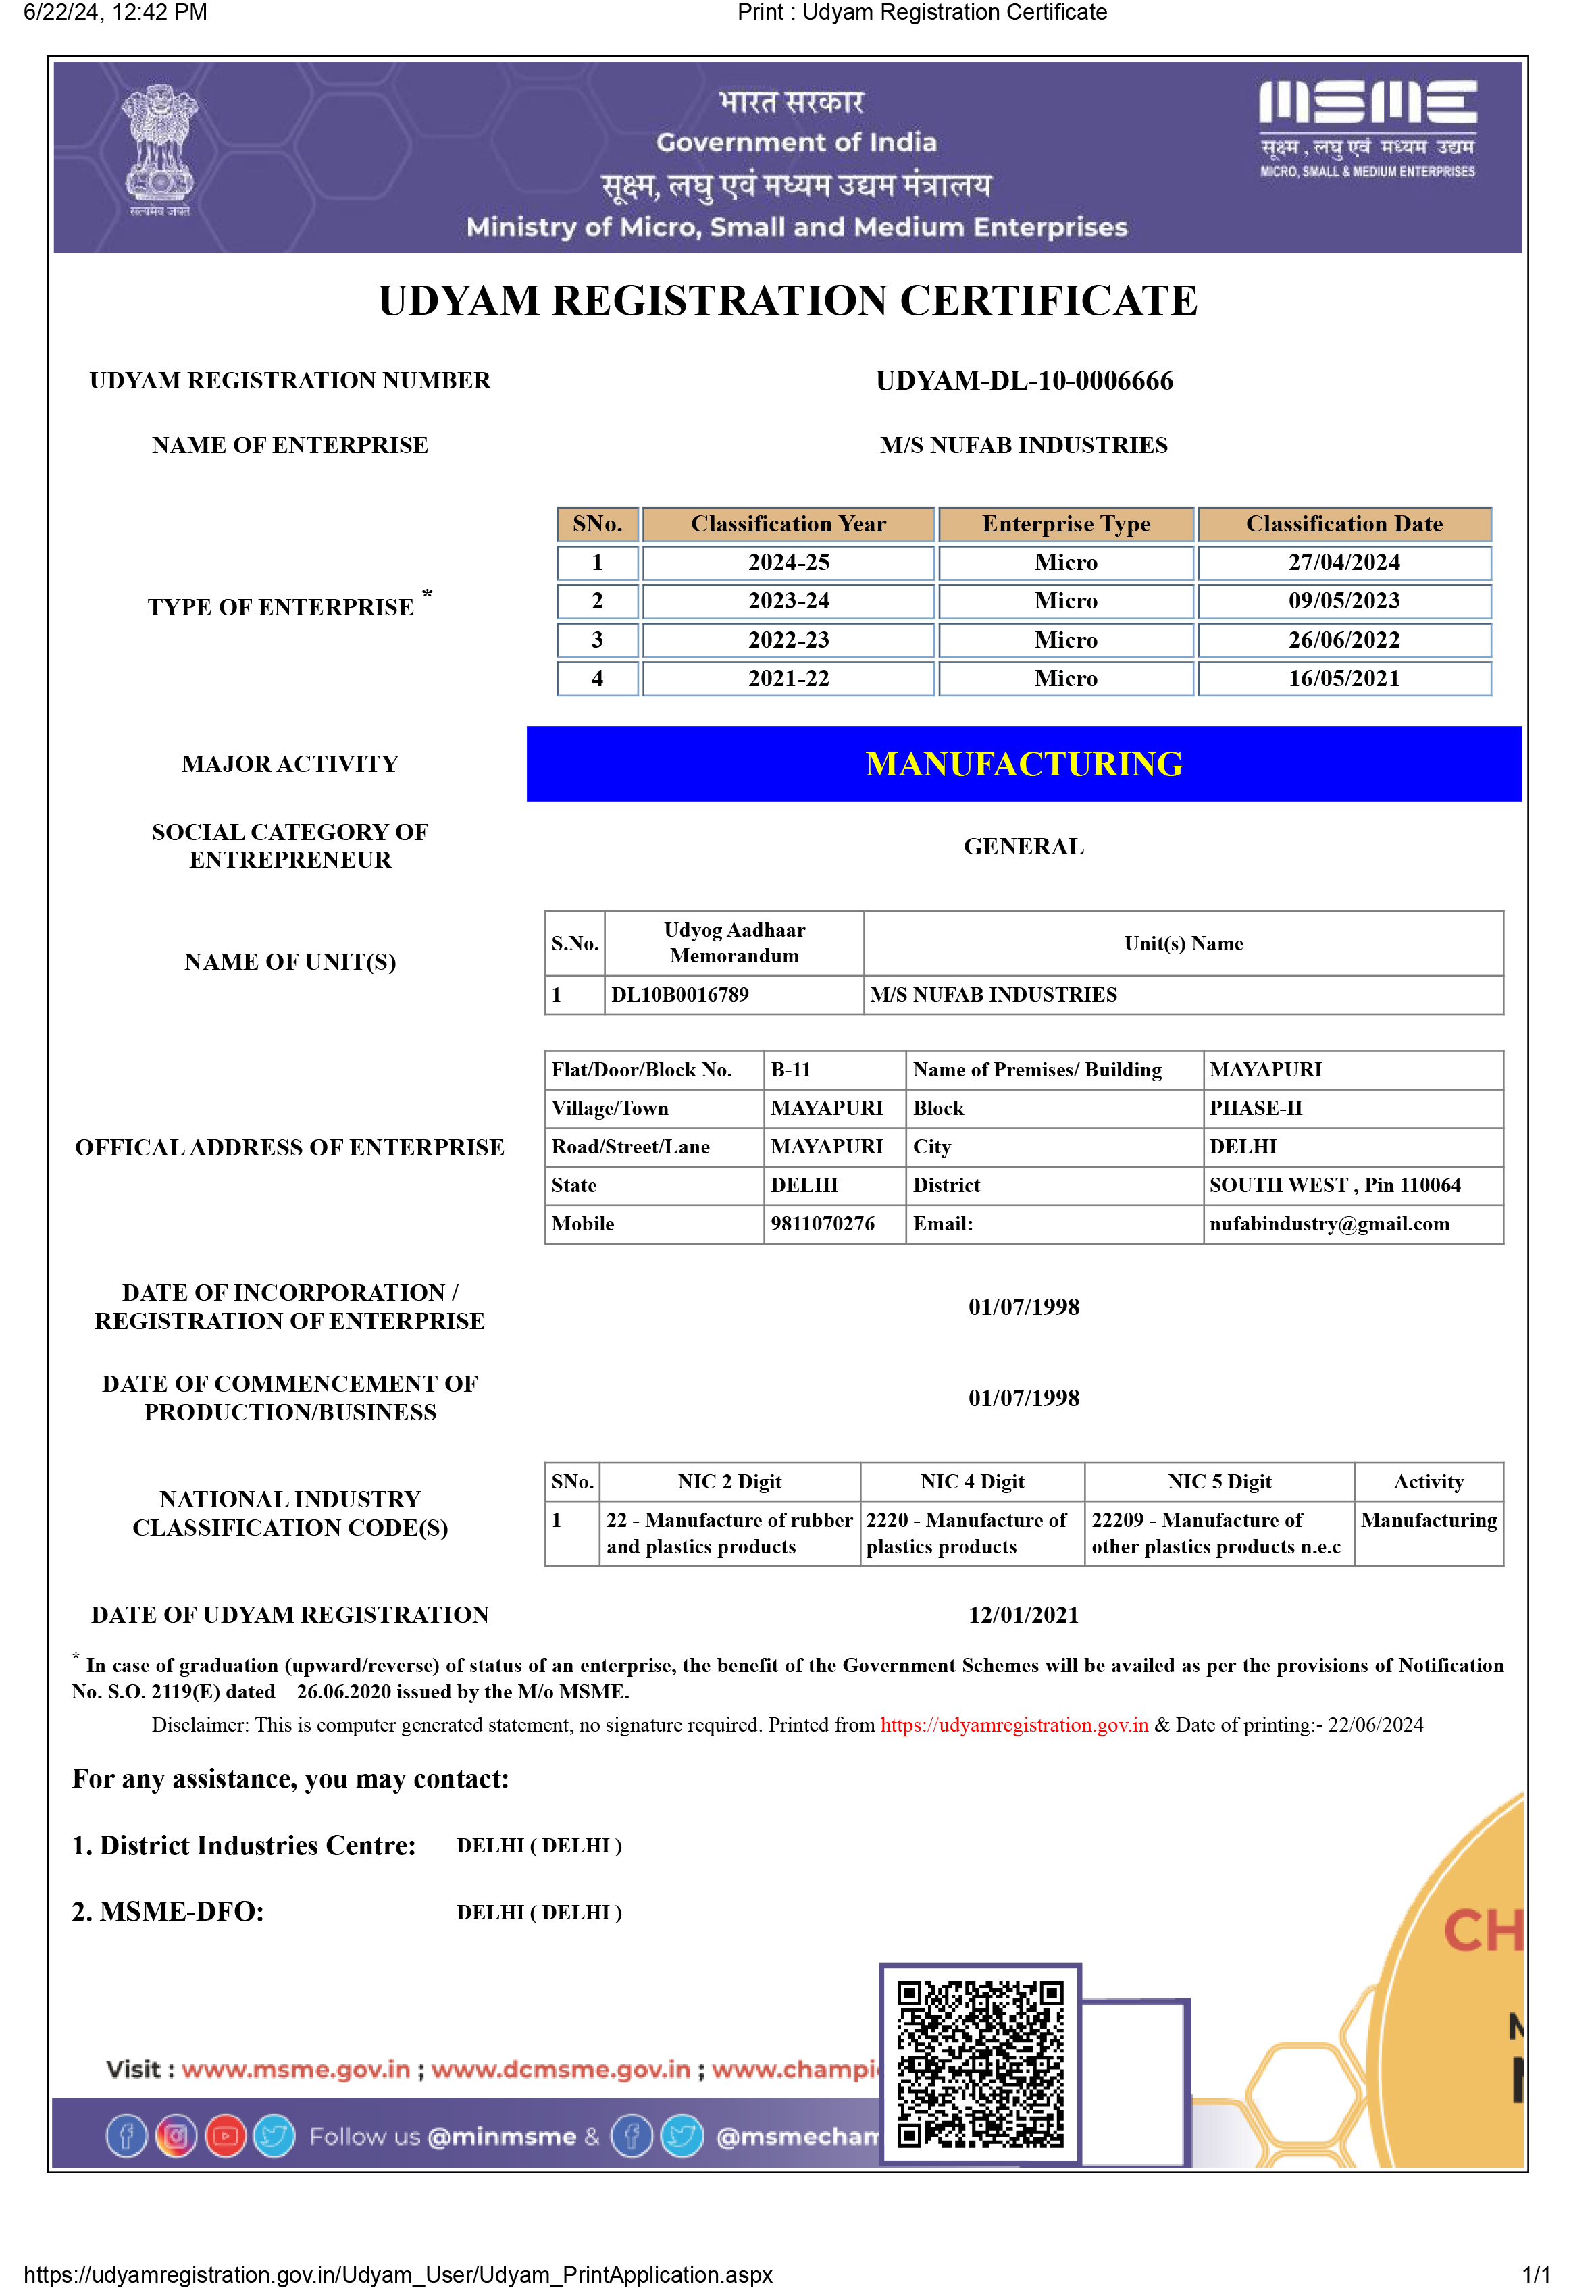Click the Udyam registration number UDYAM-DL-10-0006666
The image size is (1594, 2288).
pos(1024,381)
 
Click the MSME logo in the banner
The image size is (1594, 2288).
pos(1366,128)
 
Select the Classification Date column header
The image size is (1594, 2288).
pos(1344,524)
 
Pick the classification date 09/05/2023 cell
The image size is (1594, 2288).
pos(1344,601)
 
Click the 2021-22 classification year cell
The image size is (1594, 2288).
pos(788,679)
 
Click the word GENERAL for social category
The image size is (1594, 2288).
pos(1024,846)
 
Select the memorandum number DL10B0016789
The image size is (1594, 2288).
pos(680,995)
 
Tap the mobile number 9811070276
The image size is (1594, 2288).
pos(823,1224)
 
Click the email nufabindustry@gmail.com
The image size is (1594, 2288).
pos(1329,1224)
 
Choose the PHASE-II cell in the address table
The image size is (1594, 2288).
pos(1255,1108)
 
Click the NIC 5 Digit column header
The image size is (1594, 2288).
pos(1219,1482)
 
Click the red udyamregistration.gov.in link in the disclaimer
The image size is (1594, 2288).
pos(1014,1725)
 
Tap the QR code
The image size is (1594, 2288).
pos(980,2064)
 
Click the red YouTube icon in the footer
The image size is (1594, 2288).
pos(226,2135)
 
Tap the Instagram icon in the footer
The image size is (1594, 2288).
pos(176,2135)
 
